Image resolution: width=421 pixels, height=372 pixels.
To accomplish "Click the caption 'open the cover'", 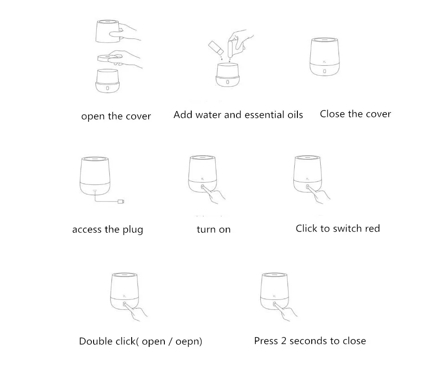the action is point(116,116).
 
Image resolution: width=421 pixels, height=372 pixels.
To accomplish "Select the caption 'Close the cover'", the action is point(355,114).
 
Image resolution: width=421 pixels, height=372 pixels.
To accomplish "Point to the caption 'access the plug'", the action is point(107,230).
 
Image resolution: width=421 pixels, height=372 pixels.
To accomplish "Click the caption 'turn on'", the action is point(214,230).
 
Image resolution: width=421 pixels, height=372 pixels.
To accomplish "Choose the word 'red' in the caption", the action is point(371,229).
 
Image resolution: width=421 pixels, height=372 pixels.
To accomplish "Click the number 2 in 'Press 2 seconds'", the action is point(283,341).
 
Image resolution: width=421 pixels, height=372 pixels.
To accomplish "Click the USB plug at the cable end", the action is point(121,202).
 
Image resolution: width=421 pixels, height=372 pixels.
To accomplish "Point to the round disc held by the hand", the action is point(107,57).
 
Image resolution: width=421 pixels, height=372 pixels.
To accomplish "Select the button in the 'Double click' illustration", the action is point(125,304).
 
